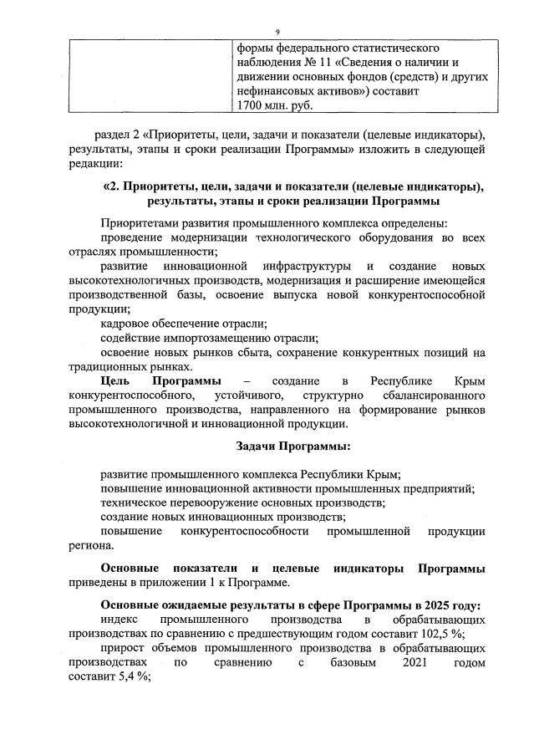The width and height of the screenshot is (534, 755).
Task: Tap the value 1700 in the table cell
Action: [x=251, y=105]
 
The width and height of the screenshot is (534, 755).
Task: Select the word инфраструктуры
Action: [x=292, y=267]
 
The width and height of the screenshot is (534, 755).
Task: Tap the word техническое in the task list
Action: [x=133, y=502]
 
